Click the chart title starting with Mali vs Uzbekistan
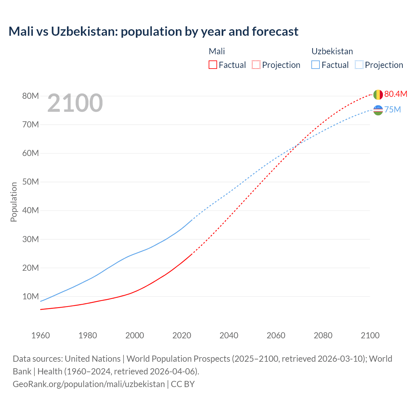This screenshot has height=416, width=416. [x=153, y=32]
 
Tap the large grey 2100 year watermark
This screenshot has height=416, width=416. [x=75, y=103]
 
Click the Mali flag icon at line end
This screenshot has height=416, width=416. [x=378, y=95]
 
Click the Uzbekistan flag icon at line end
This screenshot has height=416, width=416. [x=378, y=110]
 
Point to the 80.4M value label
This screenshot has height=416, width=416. [x=396, y=94]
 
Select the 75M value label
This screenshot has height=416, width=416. [x=393, y=110]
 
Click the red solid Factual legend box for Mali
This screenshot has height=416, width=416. [x=213, y=65]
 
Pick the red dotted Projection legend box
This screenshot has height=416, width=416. [x=256, y=65]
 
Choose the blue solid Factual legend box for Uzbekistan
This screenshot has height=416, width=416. [x=316, y=65]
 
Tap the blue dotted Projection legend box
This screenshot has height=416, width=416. [x=359, y=65]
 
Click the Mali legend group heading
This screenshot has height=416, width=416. [x=217, y=51]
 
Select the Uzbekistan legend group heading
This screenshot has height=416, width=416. [x=332, y=51]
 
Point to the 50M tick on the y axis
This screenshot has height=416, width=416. [x=31, y=182]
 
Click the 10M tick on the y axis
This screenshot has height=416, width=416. [x=31, y=296]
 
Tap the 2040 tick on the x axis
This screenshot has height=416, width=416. [x=229, y=335]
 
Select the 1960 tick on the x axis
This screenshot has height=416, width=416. [x=41, y=335]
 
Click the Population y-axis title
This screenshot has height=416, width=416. [x=14, y=202]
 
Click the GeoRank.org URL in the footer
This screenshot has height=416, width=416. [x=89, y=384]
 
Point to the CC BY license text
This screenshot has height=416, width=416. [x=183, y=384]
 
